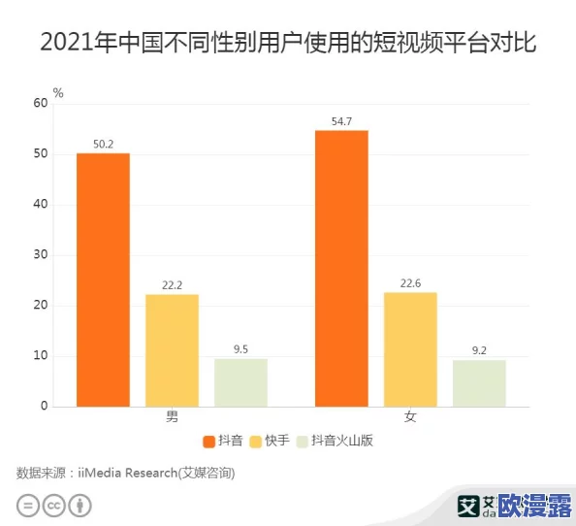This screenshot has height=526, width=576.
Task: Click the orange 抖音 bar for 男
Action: pos(103,279)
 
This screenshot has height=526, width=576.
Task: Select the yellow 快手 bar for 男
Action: pos(172,350)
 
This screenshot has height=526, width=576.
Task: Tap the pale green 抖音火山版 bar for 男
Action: pos(240,382)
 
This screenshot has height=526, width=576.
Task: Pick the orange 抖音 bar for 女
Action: pos(341,268)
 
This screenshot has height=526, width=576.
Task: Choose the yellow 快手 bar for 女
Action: pos(410,349)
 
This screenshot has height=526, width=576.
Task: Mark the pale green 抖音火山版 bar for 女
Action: pos(479,383)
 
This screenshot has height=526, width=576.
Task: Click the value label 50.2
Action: pos(103,145)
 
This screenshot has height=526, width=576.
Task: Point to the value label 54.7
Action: pos(341,121)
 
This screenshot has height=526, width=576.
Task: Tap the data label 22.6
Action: pos(410,283)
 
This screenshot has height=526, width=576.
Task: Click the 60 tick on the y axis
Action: pos(40,103)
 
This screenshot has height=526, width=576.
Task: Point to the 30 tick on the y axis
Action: pos(40,255)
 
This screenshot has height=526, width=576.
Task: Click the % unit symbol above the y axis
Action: pos(58,93)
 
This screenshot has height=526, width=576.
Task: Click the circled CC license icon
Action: pos(54,505)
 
